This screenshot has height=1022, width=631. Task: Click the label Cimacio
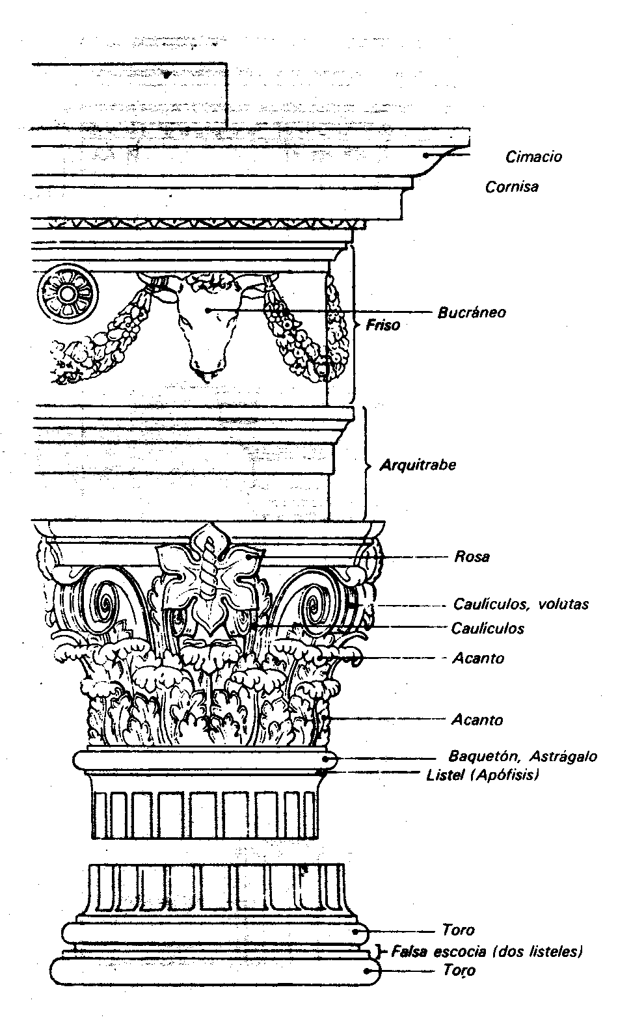533,157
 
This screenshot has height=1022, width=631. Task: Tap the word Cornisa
512,187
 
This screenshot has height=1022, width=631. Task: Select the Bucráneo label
472,312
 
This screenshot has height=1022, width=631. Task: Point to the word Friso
383,324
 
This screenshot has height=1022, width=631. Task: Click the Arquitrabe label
418,465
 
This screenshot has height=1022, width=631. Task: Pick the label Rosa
472,557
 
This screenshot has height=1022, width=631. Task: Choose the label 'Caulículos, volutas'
520,604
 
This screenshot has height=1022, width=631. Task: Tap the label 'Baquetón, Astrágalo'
522,757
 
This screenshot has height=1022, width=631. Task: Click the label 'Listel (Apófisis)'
483,775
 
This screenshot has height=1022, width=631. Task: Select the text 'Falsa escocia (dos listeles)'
487,952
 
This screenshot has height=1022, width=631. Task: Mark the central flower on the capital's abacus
209,572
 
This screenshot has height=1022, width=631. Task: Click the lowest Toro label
459,971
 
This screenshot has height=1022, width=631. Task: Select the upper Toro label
458,930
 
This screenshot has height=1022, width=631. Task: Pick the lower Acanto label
477,720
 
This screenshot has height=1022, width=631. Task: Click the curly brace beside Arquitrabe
366,464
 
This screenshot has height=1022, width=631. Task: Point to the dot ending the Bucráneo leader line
208,311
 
